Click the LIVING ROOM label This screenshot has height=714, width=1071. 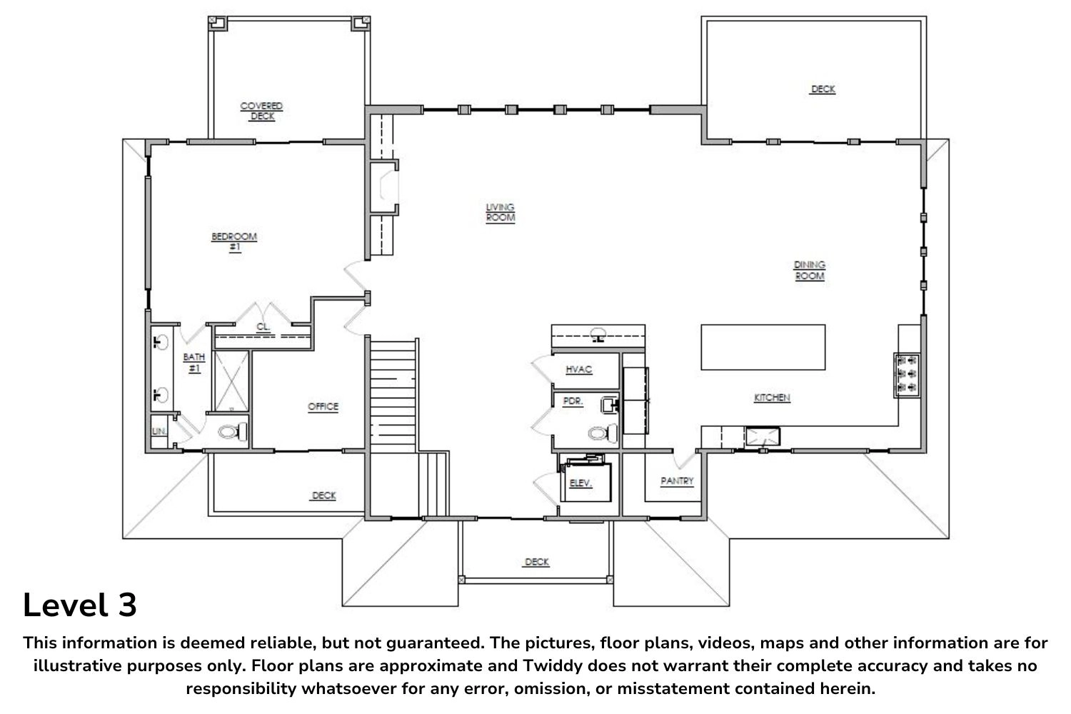[500, 212]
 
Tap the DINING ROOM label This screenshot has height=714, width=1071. [810, 270]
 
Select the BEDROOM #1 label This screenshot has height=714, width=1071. [234, 241]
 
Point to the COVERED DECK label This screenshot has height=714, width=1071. [261, 111]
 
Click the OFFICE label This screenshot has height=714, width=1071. [323, 406]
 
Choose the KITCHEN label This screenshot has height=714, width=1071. [772, 398]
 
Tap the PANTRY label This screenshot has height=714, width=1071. [677, 481]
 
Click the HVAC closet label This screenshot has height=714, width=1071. [579, 369]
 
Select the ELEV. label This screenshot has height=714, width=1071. [581, 483]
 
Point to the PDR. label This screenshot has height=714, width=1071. [573, 401]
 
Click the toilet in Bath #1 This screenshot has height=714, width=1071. [233, 432]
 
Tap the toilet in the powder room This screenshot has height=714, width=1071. [603, 433]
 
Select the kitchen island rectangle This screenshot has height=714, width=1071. [763, 347]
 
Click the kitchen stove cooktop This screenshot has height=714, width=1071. [907, 375]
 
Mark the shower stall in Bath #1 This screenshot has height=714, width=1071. [231, 381]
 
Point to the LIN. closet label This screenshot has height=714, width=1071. [159, 431]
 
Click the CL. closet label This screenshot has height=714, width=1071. [263, 327]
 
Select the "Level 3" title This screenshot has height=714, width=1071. [80, 605]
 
